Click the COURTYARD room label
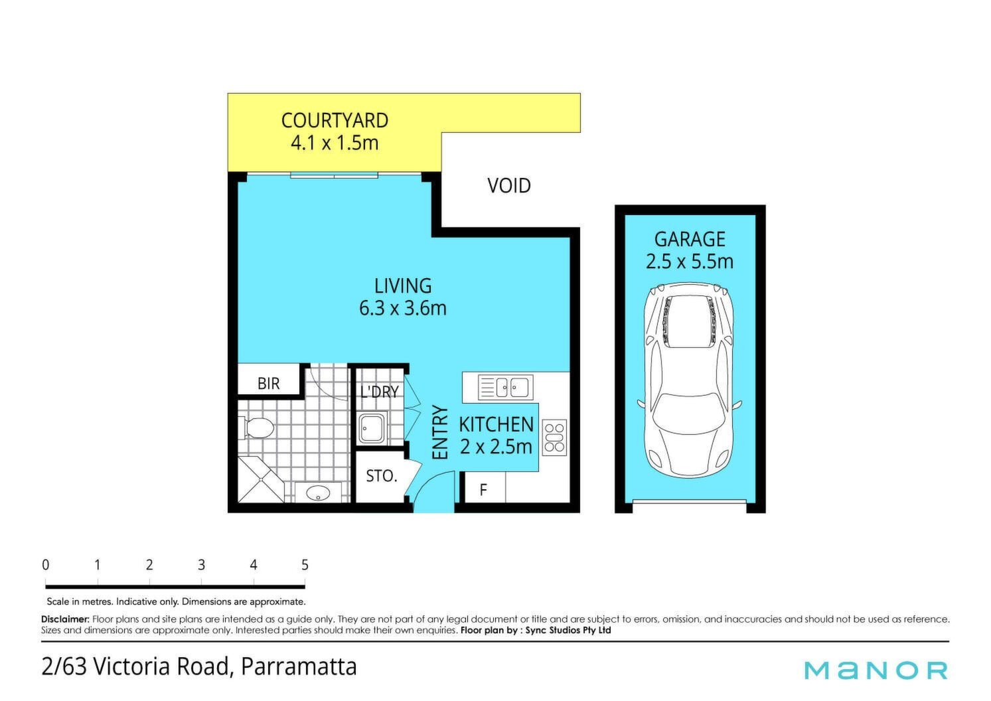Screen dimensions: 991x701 click(x=335, y=120)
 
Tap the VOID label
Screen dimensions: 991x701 click(x=508, y=185)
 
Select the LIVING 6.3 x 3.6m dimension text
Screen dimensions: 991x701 click(x=403, y=308)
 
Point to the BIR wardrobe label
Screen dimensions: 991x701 click(x=269, y=383)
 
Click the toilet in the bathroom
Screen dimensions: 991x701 click(x=257, y=428)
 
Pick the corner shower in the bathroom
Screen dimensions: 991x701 click(x=261, y=480)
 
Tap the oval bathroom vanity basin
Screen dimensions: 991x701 click(x=318, y=493)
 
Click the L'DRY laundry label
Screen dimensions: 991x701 click(x=380, y=391)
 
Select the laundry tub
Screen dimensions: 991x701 click(x=372, y=428)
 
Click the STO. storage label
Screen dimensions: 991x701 click(x=382, y=476)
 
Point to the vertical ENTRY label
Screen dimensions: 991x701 click(x=440, y=432)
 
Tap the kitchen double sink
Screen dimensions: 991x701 click(x=506, y=387)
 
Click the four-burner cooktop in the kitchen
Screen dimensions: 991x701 click(x=554, y=437)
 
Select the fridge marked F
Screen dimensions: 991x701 click(x=483, y=488)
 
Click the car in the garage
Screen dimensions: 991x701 click(x=689, y=380)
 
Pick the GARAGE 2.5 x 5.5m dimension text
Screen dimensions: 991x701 click(x=689, y=261)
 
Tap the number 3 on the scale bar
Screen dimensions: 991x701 click(x=201, y=565)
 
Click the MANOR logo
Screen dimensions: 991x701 click(x=876, y=670)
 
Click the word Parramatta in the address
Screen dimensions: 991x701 click(x=299, y=667)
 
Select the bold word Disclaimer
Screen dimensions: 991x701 click(x=66, y=619)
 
